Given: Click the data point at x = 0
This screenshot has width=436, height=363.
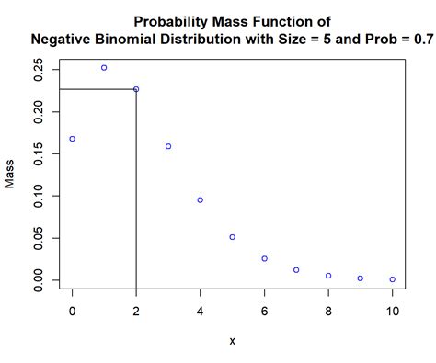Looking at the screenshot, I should (x=73, y=139).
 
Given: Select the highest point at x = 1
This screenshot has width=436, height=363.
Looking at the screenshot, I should (x=104, y=68).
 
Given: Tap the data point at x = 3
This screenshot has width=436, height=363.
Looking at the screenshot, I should (x=168, y=146).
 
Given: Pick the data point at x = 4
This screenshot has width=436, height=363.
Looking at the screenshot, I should (x=201, y=199).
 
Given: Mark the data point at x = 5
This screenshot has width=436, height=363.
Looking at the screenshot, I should (x=232, y=237).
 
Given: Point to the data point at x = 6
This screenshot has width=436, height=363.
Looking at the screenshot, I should (x=264, y=258).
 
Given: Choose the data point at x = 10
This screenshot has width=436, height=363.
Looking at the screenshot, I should (x=392, y=279).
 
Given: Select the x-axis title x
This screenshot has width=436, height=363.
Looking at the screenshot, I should (x=232, y=342).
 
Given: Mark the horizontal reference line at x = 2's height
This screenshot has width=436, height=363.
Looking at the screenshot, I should (x=97, y=89).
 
